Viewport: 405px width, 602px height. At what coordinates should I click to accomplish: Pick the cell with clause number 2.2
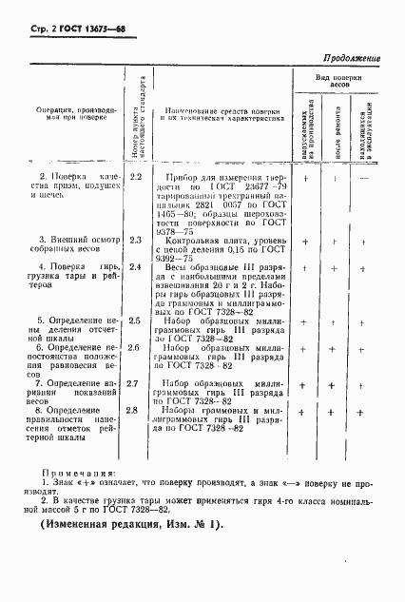135,177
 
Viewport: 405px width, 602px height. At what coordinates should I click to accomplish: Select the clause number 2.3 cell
135,243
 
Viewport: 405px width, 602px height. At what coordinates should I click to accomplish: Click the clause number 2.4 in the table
135,268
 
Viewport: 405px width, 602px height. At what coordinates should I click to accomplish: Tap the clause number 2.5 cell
135,322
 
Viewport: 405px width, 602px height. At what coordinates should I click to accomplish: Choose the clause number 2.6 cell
135,349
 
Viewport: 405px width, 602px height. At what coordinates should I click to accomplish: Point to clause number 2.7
135,383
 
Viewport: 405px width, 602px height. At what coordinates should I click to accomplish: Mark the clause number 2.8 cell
135,410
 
